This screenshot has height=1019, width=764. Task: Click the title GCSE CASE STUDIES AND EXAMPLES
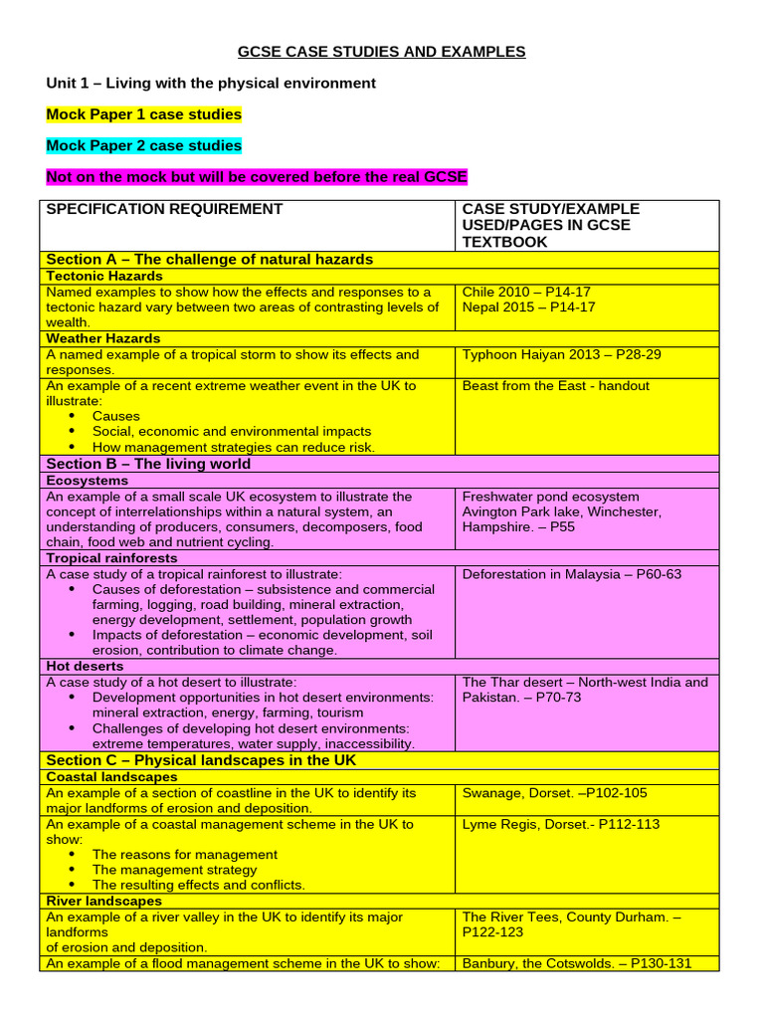point(381,52)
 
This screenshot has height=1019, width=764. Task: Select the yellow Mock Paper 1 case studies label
point(144,114)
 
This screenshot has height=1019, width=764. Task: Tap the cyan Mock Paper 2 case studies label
point(144,145)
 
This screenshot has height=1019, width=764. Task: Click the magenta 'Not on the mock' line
point(257,177)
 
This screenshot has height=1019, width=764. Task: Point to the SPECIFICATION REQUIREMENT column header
point(165,209)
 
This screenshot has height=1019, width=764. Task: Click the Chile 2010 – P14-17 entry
point(526,292)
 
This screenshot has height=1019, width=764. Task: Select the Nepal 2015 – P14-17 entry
point(528,306)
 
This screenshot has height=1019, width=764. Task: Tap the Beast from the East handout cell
point(555,385)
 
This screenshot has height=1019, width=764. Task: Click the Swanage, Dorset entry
point(554,793)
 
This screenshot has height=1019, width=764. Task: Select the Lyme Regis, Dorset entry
point(560,824)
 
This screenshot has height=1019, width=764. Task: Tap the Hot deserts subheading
point(86,666)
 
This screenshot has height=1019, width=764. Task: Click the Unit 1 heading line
point(211,83)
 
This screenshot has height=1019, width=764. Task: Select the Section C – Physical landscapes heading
point(201,760)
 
